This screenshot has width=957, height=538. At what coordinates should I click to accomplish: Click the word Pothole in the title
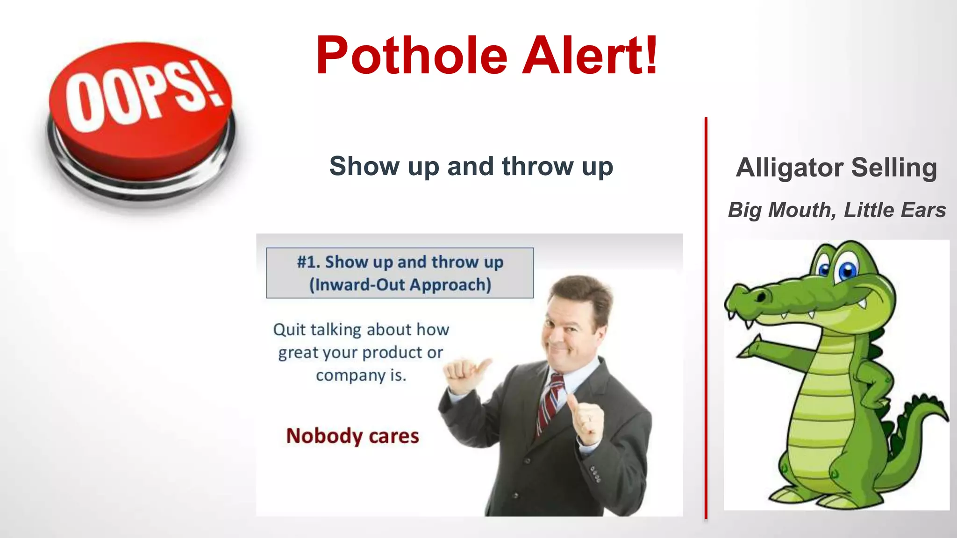coord(411,56)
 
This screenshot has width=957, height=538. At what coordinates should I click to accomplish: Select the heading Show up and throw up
coord(471,166)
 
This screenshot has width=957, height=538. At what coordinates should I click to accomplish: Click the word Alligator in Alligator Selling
coord(789,168)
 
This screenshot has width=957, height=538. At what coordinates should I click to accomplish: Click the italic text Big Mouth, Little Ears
coord(836,210)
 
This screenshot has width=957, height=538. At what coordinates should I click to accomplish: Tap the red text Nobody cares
coord(352,436)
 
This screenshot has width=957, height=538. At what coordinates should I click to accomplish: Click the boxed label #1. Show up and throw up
coord(400,262)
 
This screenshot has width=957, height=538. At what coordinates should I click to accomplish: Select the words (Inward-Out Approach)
coord(400,284)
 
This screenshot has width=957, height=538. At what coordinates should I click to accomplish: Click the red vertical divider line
coord(706,318)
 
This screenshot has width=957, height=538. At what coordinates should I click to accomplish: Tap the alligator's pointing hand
coord(750,348)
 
